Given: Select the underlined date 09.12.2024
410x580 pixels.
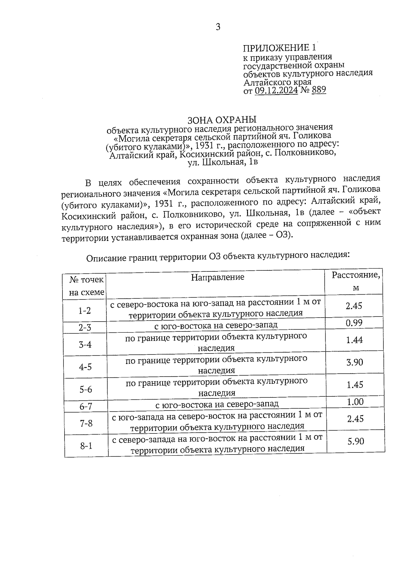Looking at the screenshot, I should click(276, 91).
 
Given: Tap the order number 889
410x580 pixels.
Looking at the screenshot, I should click(319, 90).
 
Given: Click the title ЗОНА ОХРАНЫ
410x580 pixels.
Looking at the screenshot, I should click(222, 120).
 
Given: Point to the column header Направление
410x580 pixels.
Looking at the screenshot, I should click(218, 277).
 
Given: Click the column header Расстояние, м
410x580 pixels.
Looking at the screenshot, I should click(356, 281).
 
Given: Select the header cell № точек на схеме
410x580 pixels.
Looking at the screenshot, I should click(86, 286).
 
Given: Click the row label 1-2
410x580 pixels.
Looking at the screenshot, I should click(85, 310).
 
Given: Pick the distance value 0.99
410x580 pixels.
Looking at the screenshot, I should click(354, 323).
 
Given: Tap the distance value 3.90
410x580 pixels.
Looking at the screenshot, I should click(355, 362).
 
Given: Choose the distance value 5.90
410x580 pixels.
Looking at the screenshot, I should click(356, 441).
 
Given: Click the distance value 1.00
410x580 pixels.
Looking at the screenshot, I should click(355, 402).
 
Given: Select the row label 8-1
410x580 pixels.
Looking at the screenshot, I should click(86, 446).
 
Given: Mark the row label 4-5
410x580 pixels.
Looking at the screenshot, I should click(85, 367).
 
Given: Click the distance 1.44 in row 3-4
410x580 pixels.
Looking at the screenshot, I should click(354, 340).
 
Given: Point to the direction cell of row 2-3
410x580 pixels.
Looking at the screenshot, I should click(216, 325).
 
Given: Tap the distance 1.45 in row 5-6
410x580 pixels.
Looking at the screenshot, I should click(355, 385).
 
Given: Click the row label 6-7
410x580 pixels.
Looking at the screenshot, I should click(86, 406).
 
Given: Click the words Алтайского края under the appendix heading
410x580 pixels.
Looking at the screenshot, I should click(277, 82).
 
